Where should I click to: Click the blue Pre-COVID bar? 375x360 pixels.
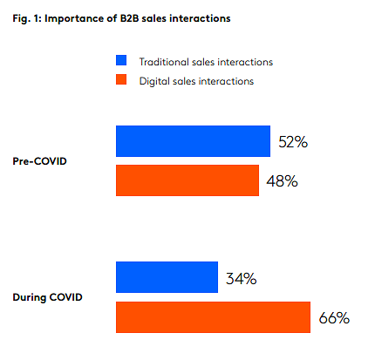pos(193,141)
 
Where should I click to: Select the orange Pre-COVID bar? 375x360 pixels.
pos(187,180)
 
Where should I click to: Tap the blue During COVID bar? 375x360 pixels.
pos(167,277)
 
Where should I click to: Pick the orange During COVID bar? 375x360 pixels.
pos(213,317)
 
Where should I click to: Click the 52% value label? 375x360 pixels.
pos(293,142)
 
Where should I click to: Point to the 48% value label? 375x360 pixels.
pos(282,181)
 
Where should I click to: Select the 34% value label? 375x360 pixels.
pos(242,278)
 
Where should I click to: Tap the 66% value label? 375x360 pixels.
pos(334,317)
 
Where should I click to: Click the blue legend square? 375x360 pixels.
pos(121,60)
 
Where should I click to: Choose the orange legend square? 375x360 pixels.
pos(121,79)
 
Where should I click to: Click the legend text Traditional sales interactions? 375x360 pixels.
pos(206,62)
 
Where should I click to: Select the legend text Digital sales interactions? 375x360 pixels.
pos(196,81)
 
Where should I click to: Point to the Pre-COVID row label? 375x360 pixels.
pos(40,161)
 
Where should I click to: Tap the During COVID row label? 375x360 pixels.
pos(48,297)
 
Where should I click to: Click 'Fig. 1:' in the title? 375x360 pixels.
pos(27,18)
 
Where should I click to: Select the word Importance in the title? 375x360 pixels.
pos(73,18)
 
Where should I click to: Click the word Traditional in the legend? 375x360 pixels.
pos(164,62)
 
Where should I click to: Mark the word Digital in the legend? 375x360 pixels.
pos(154,81)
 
